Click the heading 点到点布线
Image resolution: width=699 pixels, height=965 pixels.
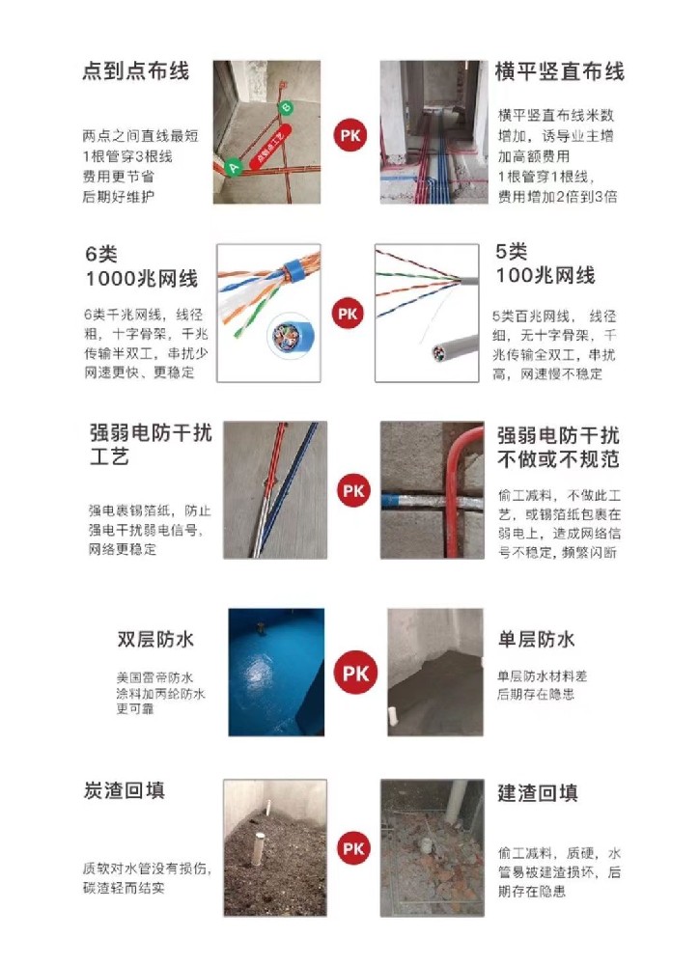tap(135, 71)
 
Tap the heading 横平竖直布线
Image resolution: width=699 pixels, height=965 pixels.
tap(559, 71)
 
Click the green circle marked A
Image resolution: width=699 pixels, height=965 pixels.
tap(233, 167)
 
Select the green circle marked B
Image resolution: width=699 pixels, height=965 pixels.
tap(286, 108)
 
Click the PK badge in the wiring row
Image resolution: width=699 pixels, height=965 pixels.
tap(349, 135)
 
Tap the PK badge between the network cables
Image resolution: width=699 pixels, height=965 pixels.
tap(349, 314)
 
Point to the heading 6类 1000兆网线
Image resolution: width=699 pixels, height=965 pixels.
tap(141, 266)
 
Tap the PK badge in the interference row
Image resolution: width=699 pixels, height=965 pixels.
tap(353, 490)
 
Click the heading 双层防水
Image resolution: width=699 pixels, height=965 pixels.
tap(155, 640)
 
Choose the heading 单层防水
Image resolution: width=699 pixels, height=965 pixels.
tap(536, 640)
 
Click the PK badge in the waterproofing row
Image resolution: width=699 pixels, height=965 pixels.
tap(355, 673)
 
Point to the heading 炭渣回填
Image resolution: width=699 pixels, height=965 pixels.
tap(124, 790)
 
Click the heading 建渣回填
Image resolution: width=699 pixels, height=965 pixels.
tap(538, 793)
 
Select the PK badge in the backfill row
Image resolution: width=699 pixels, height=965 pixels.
tap(353, 848)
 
